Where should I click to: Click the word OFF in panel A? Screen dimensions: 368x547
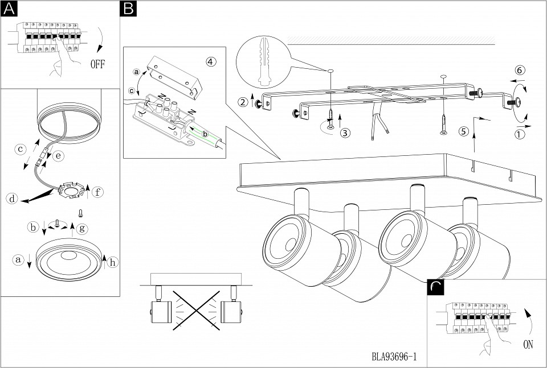[x=98, y=63]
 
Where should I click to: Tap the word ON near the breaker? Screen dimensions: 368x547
[x=528, y=344]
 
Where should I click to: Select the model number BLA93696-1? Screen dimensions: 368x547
[x=394, y=357]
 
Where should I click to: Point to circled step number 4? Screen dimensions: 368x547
[x=211, y=62]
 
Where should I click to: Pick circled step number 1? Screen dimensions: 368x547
[x=519, y=135]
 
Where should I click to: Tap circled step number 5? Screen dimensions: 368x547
[x=463, y=131]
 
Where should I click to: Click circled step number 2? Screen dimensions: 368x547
[x=244, y=102]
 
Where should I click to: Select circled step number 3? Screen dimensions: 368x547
[x=344, y=133]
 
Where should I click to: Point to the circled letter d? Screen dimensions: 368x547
[x=11, y=199]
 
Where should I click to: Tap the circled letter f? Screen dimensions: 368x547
[x=98, y=192]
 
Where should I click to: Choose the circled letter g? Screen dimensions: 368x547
[x=83, y=228]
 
